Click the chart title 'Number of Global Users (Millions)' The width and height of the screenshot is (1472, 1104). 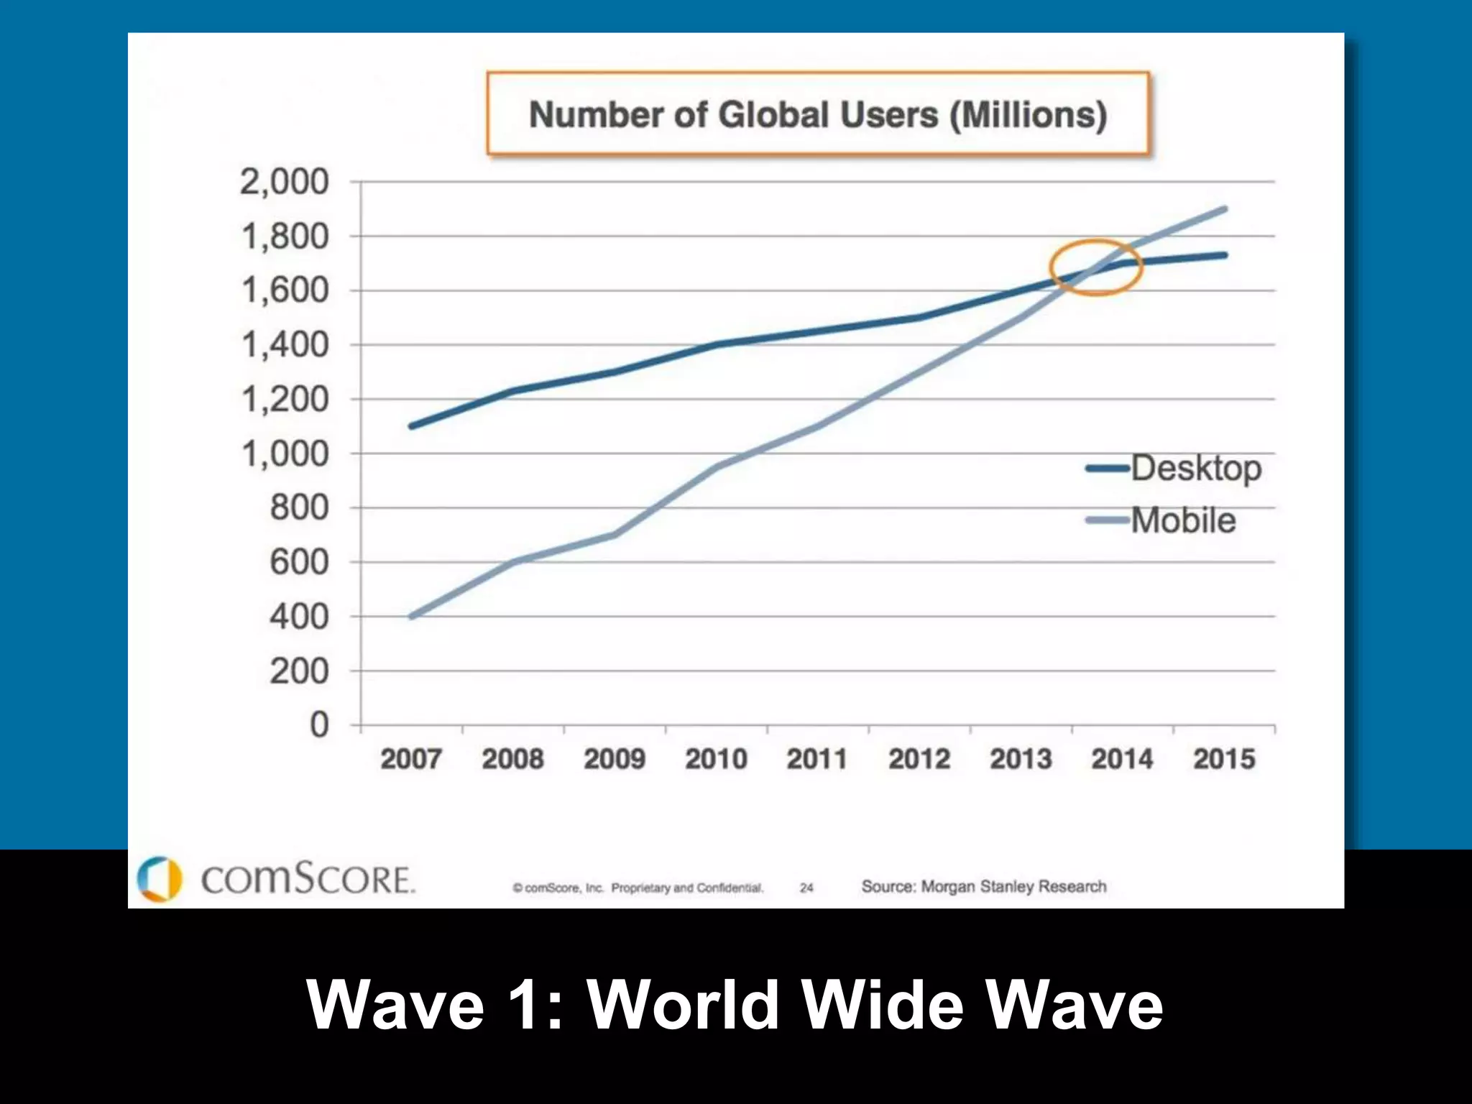click(818, 115)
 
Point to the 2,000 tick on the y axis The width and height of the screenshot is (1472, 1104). click(285, 182)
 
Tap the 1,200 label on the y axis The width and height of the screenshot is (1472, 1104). click(285, 400)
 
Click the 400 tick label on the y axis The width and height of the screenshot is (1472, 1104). click(299, 617)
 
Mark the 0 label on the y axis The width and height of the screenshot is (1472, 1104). click(319, 724)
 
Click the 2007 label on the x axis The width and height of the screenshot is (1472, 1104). click(410, 759)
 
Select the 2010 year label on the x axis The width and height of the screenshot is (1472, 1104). click(716, 759)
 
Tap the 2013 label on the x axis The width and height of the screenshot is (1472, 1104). click(1021, 759)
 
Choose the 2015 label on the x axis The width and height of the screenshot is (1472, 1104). click(1224, 759)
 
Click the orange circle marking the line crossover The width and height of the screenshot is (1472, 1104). click(1095, 267)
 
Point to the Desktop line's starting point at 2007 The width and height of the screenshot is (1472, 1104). click(411, 426)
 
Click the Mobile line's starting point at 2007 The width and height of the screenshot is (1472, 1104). click(411, 617)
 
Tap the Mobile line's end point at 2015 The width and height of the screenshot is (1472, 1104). click(1224, 209)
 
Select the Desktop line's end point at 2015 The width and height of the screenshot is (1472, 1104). click(1224, 255)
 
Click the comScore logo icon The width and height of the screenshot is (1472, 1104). click(159, 878)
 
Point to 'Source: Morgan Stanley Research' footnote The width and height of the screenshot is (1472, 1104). click(984, 887)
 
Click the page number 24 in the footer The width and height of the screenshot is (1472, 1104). click(806, 888)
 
